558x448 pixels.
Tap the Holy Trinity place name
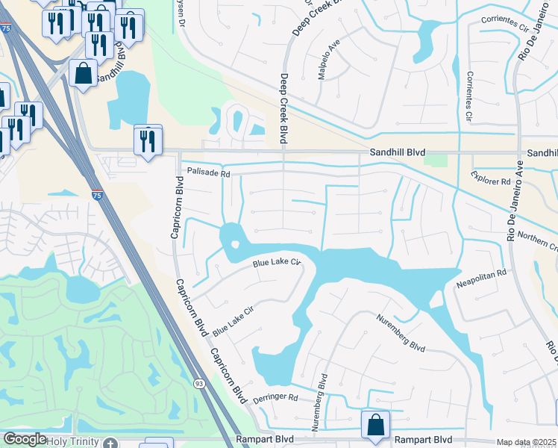(72, 441)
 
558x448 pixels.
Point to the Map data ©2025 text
(526, 442)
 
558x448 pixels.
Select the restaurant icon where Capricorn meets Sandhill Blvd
(148, 139)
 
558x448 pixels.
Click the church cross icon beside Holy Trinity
(110, 443)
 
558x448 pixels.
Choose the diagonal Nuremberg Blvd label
(401, 337)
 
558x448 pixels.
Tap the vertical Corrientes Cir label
(469, 96)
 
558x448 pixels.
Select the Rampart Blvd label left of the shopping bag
(260, 440)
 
